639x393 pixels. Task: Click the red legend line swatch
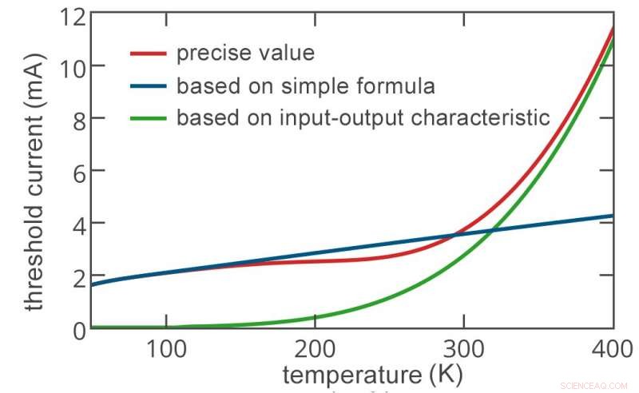tap(149, 54)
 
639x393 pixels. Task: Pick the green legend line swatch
tap(149, 118)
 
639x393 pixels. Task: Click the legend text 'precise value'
tap(245, 54)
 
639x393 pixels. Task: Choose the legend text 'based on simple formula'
tap(306, 85)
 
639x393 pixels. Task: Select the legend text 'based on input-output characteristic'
tap(363, 118)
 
